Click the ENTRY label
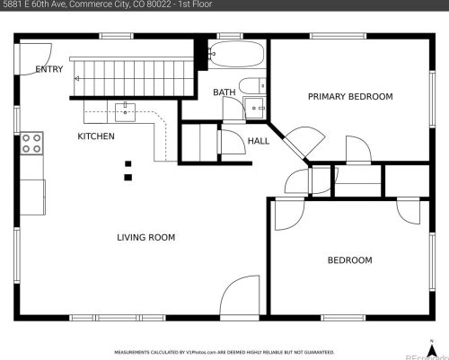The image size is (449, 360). [x=49, y=69]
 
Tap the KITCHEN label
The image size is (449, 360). [x=96, y=136]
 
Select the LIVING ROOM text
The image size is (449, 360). [x=145, y=238]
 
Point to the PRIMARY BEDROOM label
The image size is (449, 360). [x=350, y=96]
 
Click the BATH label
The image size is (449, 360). [x=224, y=92]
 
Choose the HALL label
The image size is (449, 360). [x=259, y=141]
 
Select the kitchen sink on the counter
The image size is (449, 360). [x=125, y=112]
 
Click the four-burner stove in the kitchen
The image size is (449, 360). [x=32, y=141]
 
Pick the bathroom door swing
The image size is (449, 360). [x=232, y=110]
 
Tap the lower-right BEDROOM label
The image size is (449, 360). [x=349, y=260]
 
